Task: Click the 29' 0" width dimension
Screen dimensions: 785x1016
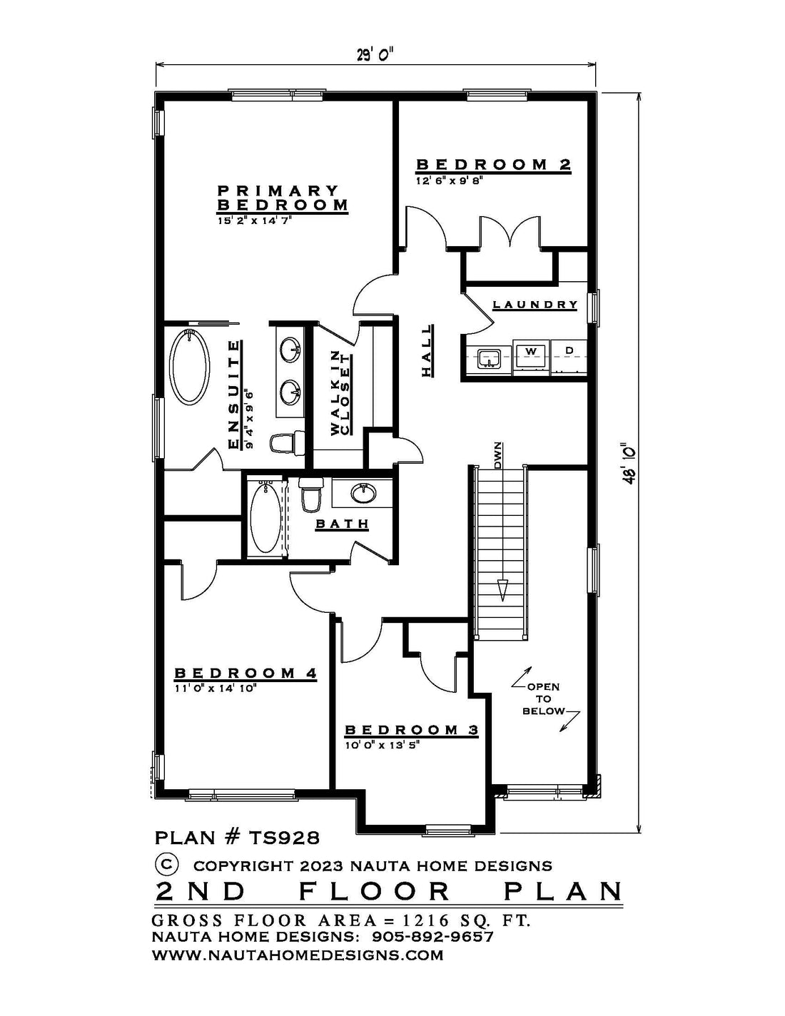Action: click(x=375, y=55)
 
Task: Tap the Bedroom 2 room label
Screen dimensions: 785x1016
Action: click(x=494, y=165)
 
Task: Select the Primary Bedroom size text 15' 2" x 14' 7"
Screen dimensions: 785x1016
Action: click(x=254, y=220)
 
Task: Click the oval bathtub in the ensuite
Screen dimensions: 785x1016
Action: click(x=189, y=366)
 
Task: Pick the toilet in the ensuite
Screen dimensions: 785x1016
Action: click(x=287, y=442)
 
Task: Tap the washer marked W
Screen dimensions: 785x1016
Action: click(x=531, y=357)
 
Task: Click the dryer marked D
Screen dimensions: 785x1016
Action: click(x=569, y=357)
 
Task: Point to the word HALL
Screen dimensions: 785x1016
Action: click(x=426, y=350)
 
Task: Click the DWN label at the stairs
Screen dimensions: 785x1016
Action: click(x=498, y=455)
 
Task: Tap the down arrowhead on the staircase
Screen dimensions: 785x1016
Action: click(x=502, y=590)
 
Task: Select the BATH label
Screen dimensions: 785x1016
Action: click(x=343, y=524)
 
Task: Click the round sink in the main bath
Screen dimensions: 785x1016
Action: click(x=363, y=494)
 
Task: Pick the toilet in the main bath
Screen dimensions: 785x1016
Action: click(x=310, y=494)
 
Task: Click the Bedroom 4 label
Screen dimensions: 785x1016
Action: click(x=245, y=674)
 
